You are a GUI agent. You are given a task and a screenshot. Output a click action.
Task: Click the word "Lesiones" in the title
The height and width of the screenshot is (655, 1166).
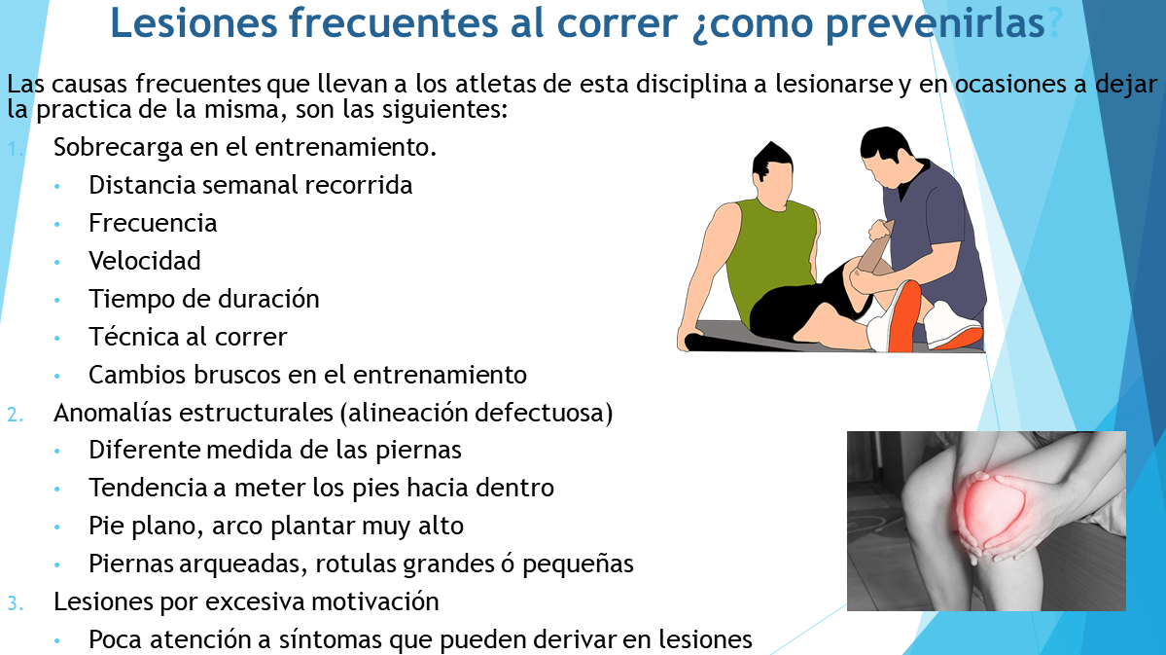tap(194, 22)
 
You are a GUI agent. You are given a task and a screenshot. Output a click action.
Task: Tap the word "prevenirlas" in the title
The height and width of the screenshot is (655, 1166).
tap(936, 23)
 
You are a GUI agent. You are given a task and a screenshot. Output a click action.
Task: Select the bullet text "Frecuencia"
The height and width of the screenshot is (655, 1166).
tap(153, 223)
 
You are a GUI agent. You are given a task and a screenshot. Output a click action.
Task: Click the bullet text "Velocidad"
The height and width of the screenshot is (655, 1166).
tap(144, 261)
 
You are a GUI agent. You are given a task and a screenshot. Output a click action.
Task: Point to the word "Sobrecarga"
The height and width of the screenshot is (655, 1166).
tap(119, 147)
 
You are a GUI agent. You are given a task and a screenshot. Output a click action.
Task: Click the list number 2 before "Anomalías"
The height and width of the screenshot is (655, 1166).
tap(15, 414)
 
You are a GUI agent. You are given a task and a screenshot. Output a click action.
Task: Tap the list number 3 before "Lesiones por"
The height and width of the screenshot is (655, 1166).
tap(15, 602)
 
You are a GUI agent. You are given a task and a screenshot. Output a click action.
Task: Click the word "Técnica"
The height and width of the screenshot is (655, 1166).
tap(134, 337)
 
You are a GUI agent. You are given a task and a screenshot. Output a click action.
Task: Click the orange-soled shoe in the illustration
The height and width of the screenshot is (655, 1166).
tap(903, 316)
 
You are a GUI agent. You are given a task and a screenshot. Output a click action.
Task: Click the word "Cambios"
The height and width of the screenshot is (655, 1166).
tap(137, 375)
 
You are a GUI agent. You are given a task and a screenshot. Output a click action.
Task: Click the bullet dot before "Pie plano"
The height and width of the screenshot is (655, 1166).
tap(57, 527)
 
